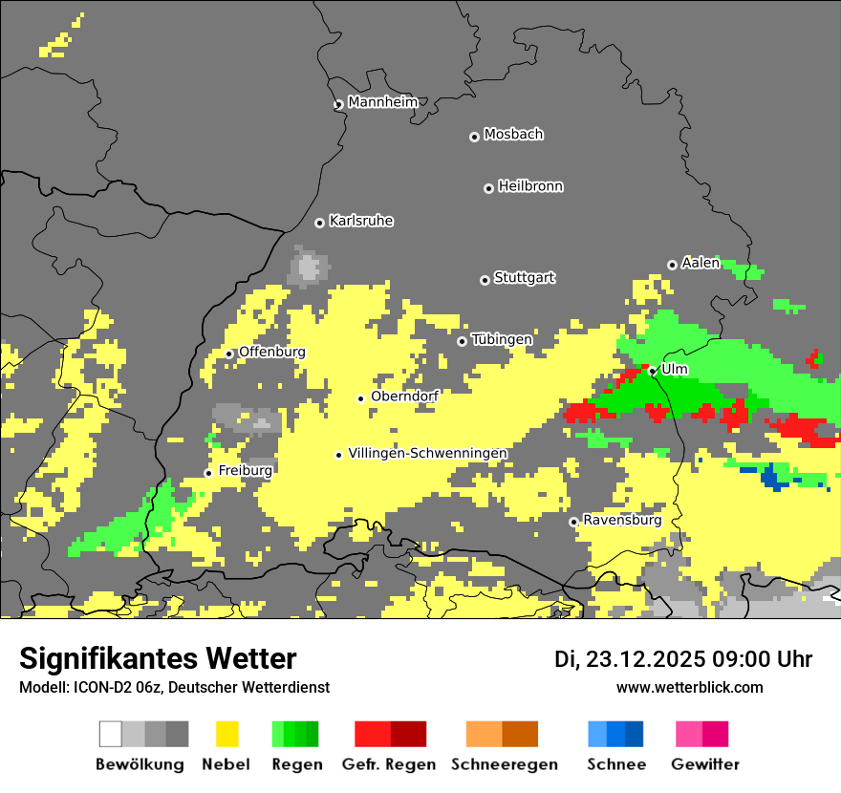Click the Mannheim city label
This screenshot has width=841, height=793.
pos(382,102)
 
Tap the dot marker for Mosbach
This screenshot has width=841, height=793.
pos(474,137)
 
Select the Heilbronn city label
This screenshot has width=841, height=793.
pos(530,186)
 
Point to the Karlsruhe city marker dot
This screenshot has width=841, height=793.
pos(320,223)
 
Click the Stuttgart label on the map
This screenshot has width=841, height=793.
pos(524,278)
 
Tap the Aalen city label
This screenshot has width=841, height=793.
pos(701,263)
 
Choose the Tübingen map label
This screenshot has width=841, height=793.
pos(502,339)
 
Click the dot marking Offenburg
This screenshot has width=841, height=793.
pos(229,354)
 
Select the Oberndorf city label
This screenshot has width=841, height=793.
pos(404,396)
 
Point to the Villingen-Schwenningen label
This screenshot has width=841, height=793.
pos(427,453)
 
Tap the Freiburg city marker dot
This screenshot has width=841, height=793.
pos(208,473)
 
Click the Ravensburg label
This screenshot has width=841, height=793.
pos(622,521)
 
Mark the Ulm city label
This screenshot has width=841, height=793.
pos(675,369)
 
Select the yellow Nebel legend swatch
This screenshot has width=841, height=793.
pos(226,734)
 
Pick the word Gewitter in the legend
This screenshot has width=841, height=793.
pos(704,764)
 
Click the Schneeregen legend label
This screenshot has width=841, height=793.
pos(504,764)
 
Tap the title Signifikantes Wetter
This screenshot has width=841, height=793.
pos(158,658)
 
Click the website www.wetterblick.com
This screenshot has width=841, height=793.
pos(689,687)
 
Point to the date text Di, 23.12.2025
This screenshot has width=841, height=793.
pos(630,659)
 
